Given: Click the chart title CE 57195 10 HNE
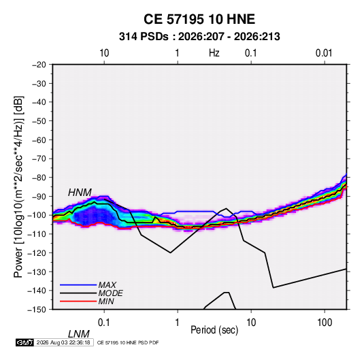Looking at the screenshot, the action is tap(199, 19).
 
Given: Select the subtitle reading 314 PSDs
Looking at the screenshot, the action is tap(144, 37).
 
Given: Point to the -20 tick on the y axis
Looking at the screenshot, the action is tap(39, 65).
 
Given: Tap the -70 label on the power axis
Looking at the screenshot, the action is tap(39, 159).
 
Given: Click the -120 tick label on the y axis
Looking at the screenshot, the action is tap(37, 253).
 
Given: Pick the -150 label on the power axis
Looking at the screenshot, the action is tap(37, 310).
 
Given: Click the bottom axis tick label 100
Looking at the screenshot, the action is tap(325, 323).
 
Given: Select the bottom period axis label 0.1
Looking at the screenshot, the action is tap(103, 323).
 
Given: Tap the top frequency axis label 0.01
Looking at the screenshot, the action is tap(324, 53).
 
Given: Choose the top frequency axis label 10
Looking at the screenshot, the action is tap(104, 53).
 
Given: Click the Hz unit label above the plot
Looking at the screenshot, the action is tap(214, 53).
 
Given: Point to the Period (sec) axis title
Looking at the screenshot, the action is tap(214, 330).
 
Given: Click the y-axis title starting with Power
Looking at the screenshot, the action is tap(18, 187).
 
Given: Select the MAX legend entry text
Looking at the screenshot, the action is tap(107, 284).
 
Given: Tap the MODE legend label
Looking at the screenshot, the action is tap(110, 293).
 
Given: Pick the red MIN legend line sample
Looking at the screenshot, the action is tap(78, 301).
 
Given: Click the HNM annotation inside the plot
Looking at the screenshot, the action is tap(80, 193).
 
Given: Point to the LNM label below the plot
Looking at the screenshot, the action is tap(79, 334).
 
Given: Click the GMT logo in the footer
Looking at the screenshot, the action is tap(24, 342).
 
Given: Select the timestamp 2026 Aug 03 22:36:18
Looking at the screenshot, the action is tap(63, 342).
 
